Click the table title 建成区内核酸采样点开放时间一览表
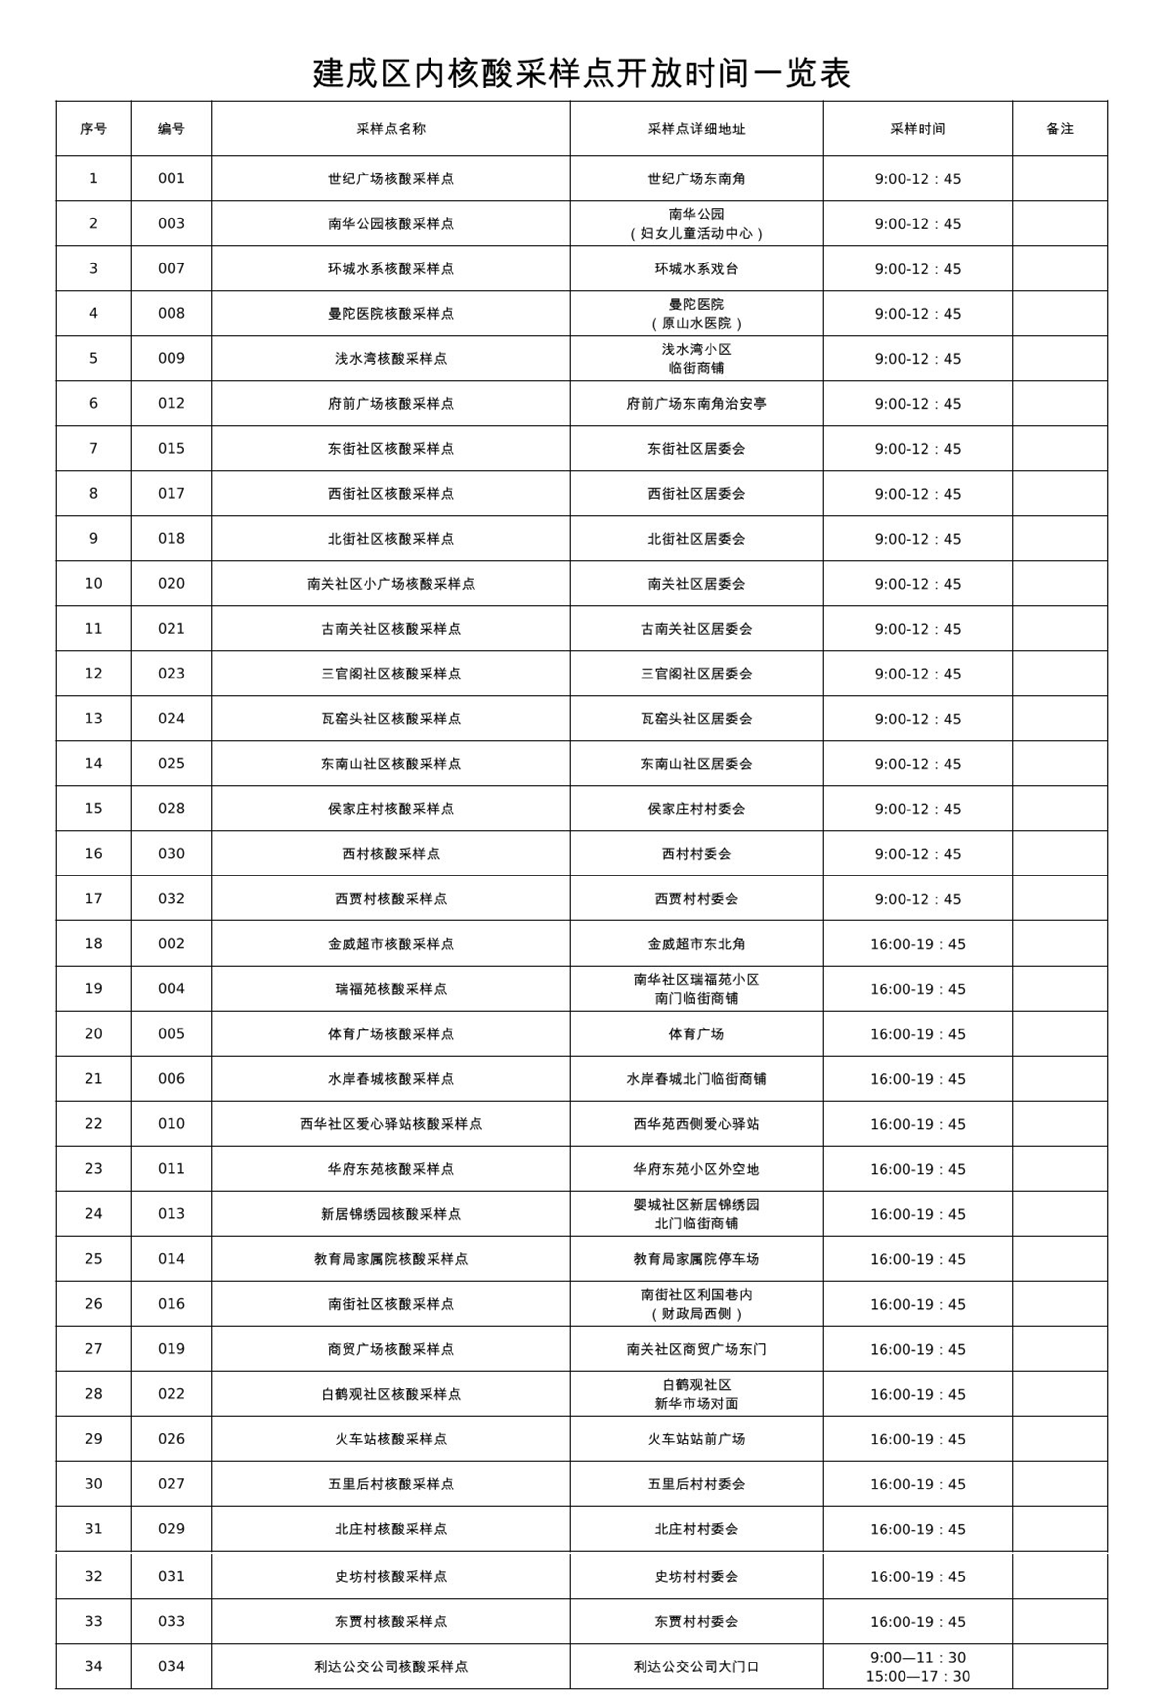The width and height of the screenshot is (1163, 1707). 581,73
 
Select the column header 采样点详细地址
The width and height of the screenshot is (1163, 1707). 696,129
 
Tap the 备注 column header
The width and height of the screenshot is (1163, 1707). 1059,129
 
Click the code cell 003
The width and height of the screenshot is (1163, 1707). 171,223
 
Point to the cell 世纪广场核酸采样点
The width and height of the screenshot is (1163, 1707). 390,178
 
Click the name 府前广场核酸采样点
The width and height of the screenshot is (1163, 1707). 390,403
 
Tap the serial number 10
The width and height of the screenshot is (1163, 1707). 93,583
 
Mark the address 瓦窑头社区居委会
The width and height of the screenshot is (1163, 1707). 696,719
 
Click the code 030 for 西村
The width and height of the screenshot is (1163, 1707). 171,853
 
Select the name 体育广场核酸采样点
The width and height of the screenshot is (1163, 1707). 390,1033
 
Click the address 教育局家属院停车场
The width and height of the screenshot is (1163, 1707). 696,1259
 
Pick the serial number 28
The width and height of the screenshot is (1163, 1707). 93,1393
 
